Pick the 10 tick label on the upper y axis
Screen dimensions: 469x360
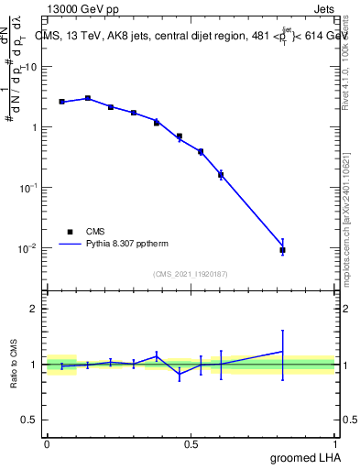(x=31, y=67)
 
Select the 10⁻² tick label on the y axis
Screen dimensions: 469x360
(x=29, y=247)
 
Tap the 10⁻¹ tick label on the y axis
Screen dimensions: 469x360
(x=29, y=187)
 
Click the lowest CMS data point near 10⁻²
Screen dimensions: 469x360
(x=283, y=250)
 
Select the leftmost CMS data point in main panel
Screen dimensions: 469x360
(x=61, y=102)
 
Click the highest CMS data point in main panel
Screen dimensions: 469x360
(x=88, y=98)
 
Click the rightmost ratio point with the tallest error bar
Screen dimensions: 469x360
(x=283, y=351)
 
